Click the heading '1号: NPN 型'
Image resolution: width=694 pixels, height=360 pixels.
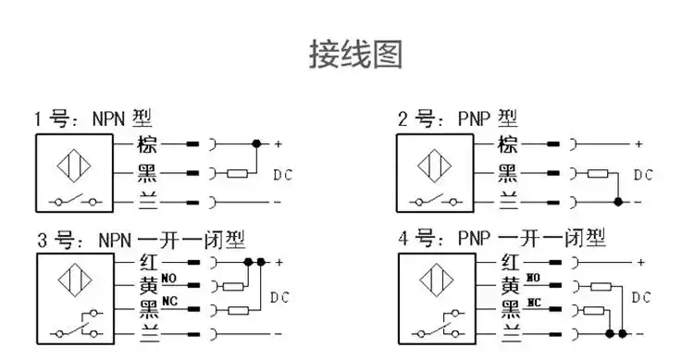point(93,119)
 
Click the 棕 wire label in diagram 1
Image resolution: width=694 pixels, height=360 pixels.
point(147,144)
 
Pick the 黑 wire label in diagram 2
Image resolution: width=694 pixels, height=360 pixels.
point(508,172)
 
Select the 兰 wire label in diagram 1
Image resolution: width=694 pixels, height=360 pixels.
point(147,200)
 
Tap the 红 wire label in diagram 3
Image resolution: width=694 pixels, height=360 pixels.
point(147,263)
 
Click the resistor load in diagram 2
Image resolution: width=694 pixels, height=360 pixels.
point(598,173)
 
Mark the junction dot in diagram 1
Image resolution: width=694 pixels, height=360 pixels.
point(256,144)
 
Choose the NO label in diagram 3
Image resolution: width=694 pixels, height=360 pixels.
point(169,278)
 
